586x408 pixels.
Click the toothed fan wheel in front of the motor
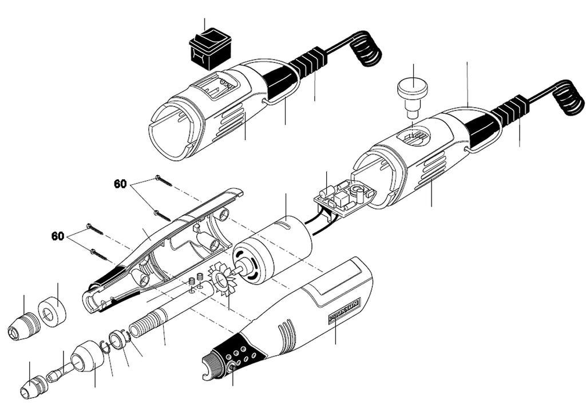pos(220,280)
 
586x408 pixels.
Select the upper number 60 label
pos(120,184)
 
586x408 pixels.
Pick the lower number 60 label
pos(58,236)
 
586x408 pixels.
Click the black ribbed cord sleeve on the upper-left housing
pos(307,62)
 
